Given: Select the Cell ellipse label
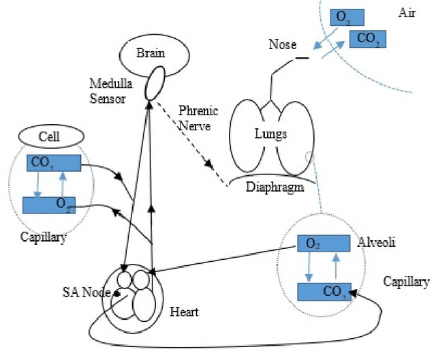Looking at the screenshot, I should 50,136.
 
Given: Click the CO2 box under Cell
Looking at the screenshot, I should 53,163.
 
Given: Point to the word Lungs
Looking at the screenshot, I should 272,134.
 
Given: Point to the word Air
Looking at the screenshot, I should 405,13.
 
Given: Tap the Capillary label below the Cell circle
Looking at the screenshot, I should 43,238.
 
